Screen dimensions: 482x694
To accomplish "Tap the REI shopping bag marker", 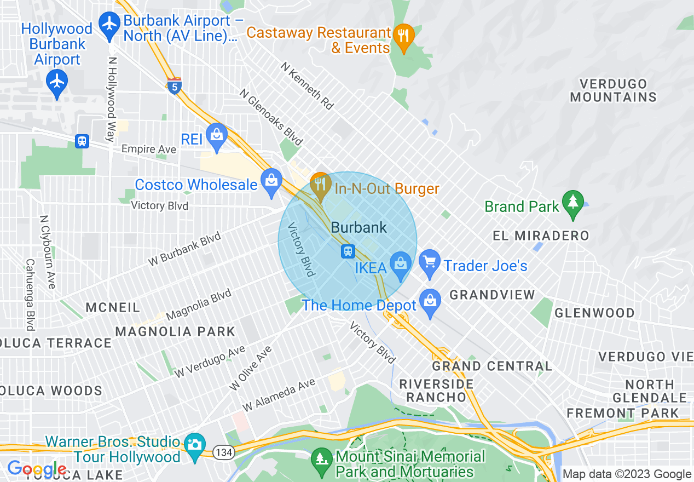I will coord(217,136).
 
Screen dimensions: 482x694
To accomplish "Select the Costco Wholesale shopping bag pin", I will coord(271,182).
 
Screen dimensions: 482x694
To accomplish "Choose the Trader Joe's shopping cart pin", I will coord(430,263).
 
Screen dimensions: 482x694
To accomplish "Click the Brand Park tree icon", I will coord(572,203).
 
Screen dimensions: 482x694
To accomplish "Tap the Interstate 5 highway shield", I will coord(174,85).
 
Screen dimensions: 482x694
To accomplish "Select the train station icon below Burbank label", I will coord(348,251).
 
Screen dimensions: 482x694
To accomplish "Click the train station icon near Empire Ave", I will coord(82,141).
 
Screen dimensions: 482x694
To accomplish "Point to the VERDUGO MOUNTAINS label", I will coord(613,91).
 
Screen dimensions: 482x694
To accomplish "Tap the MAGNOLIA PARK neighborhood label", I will coord(175,331).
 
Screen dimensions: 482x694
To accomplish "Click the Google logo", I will coord(36,468).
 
